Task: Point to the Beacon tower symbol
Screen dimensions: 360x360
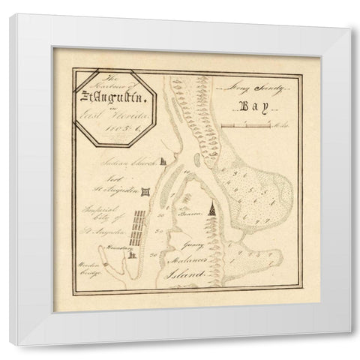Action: pos(213,211)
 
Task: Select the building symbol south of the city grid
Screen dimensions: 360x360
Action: pos(133,255)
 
